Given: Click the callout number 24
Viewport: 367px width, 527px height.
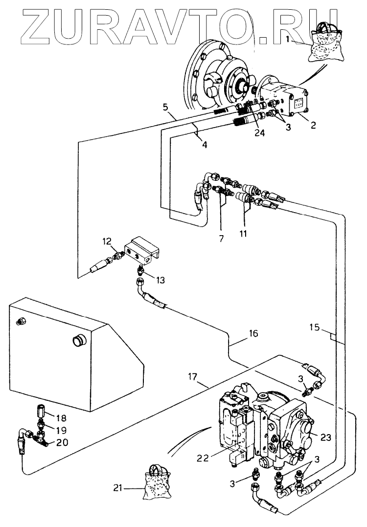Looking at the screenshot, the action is (x=259, y=133).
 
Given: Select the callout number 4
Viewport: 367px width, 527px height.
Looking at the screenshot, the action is (x=205, y=145).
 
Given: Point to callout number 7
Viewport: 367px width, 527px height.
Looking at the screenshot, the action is (x=221, y=239).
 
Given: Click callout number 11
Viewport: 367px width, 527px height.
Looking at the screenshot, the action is (x=243, y=233).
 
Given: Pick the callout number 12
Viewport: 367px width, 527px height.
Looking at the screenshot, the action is (x=107, y=242).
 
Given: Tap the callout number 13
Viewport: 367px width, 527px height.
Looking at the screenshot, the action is (x=161, y=280).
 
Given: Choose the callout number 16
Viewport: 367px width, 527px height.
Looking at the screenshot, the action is (x=253, y=333).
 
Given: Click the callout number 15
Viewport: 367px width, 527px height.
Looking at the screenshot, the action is (x=315, y=327).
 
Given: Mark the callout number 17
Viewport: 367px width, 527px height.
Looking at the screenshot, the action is (x=192, y=377).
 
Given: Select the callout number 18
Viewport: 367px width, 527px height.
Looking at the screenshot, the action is (x=61, y=418).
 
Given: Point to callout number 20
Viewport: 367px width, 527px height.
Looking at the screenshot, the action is (x=62, y=442).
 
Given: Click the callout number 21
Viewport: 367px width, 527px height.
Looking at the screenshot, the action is (x=117, y=488).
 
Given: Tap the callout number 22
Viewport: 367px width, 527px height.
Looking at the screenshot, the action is (x=203, y=458).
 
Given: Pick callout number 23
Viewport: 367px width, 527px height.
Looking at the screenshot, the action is (x=325, y=437).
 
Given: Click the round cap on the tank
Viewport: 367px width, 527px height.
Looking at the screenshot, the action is (x=80, y=340).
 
